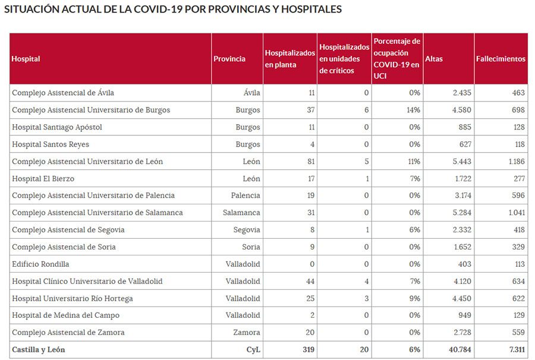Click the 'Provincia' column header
229,59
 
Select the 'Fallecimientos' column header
501,59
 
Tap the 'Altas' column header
434,59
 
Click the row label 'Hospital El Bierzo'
43,178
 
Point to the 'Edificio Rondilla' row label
40,264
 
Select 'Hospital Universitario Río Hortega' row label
73,298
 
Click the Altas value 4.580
461,110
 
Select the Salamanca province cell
241,213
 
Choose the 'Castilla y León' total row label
39,349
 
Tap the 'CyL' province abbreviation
253,349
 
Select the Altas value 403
464,264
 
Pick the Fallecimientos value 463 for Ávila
517,93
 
